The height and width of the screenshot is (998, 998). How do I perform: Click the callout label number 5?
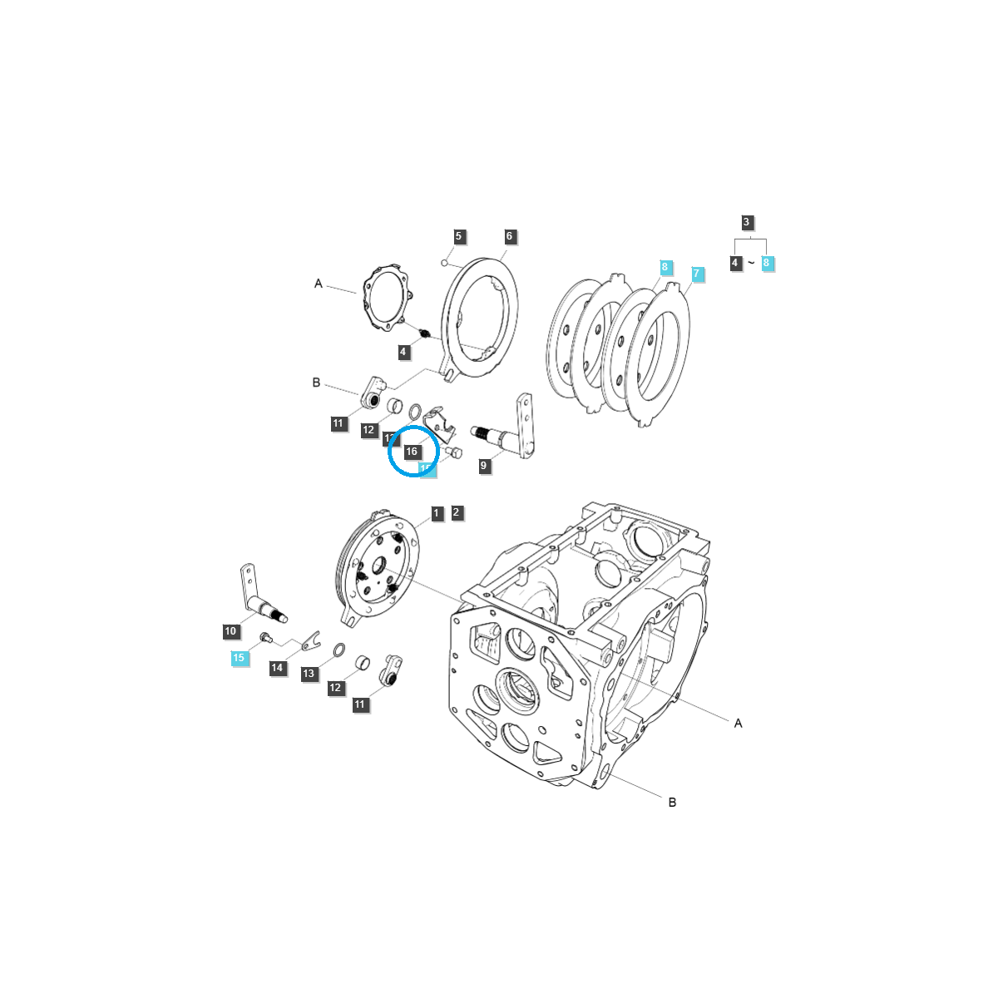(x=458, y=236)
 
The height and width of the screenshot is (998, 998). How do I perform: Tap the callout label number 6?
(x=510, y=236)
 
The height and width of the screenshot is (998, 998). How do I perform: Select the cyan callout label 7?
(x=697, y=274)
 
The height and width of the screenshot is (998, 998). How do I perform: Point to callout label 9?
(x=484, y=467)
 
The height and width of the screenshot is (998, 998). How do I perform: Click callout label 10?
(x=230, y=632)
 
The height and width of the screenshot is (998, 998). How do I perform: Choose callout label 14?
(x=277, y=668)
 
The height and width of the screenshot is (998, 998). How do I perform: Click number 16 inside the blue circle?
(x=412, y=452)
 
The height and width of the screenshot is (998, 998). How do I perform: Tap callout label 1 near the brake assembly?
(x=436, y=513)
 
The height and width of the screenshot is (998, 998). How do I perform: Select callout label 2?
(x=457, y=513)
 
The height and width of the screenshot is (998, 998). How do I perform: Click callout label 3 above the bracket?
(x=747, y=222)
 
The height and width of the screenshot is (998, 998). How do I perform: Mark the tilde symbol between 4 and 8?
(x=750, y=263)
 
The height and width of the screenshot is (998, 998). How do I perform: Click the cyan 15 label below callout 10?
(x=239, y=658)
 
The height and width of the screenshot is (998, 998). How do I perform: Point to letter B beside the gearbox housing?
(x=672, y=802)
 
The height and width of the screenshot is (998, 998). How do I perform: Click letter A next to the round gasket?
(x=318, y=284)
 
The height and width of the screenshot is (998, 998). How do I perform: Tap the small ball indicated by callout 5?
(x=445, y=264)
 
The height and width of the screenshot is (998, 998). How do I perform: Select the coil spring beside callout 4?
(x=424, y=334)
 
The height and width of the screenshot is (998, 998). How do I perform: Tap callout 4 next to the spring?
(x=403, y=353)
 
